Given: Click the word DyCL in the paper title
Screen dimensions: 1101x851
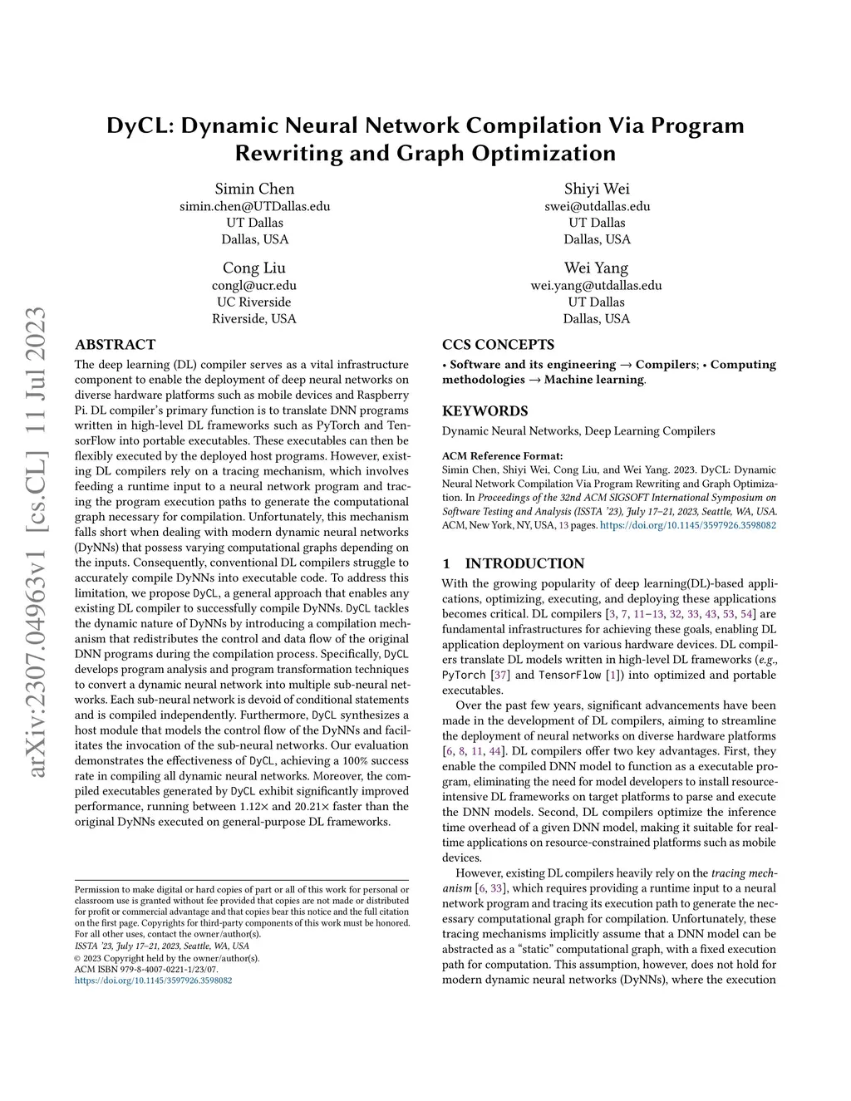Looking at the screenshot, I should coord(139,125).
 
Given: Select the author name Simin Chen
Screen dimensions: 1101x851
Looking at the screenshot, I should coord(254,189).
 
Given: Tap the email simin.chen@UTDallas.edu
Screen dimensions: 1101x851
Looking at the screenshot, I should coord(254,206).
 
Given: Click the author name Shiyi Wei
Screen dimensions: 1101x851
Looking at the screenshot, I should coord(597,189).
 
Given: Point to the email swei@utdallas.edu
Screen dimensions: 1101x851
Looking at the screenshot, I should coord(597,206).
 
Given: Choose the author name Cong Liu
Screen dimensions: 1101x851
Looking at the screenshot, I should coord(254,268).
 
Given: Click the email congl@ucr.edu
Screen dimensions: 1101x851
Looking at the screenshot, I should coord(254,285).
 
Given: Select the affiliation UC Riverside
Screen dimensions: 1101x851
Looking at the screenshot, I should coord(254,302).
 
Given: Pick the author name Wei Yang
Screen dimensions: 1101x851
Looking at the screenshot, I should coord(597,268).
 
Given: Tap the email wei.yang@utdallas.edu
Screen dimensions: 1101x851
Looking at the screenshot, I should coord(597,285).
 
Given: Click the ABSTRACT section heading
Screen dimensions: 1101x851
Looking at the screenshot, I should coord(115,345).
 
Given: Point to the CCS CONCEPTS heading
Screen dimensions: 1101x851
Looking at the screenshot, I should coord(499,345).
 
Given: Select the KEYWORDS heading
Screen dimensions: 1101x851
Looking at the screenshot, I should coord(485,411).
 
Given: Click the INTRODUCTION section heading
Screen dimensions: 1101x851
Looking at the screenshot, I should coord(524,563).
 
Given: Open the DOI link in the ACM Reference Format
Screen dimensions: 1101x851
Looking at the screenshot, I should coord(688,525).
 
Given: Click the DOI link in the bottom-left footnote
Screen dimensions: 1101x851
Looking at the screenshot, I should coord(154,981).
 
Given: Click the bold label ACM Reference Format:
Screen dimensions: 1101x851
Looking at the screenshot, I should coord(502,455).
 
